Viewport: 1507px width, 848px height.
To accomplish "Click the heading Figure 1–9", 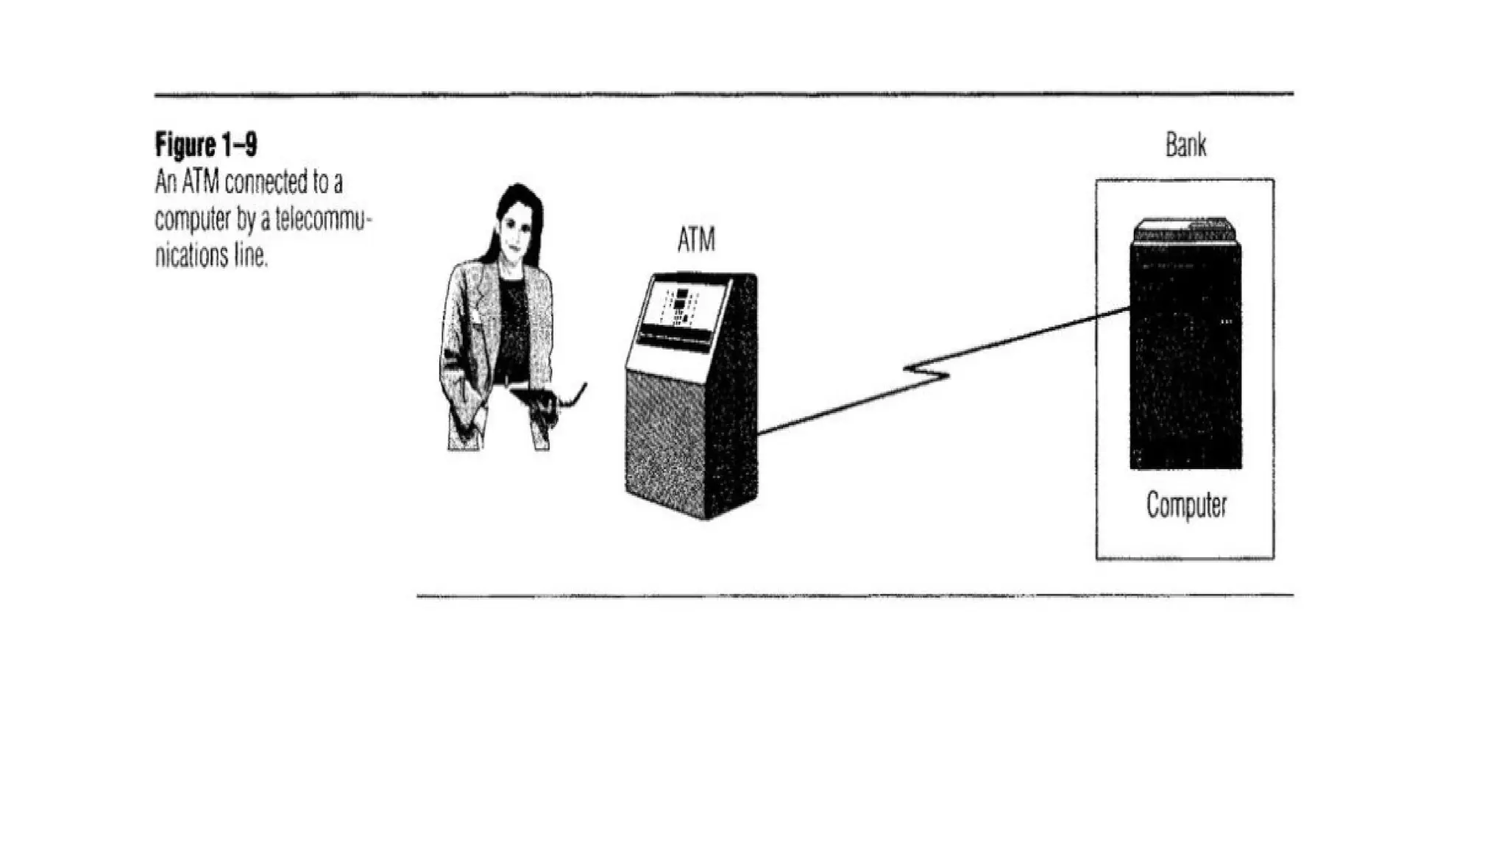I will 206,145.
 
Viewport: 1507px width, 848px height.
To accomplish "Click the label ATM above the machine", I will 695,240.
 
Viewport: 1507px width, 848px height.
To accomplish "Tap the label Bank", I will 1185,145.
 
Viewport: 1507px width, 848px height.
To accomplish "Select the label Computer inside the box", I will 1186,506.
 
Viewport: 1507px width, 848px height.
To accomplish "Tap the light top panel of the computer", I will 1184,230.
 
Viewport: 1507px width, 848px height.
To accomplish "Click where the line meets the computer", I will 1130,309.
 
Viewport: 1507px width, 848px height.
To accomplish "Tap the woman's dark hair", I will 520,199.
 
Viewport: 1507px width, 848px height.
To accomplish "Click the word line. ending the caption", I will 251,256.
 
